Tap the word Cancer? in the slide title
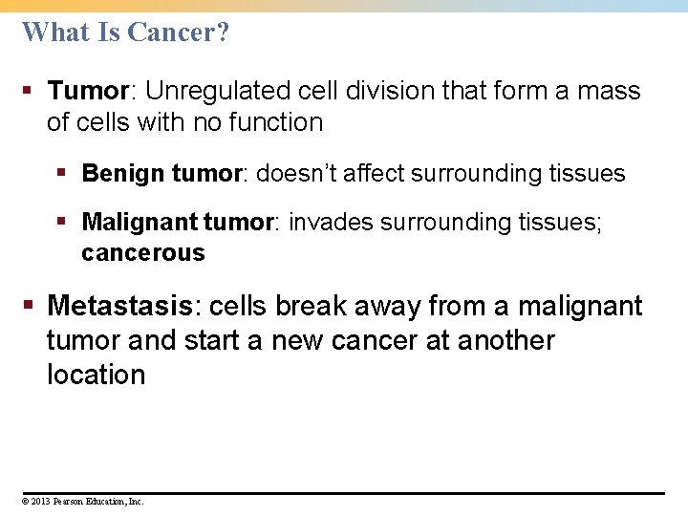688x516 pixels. tap(178, 32)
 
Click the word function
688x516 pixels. tap(277, 122)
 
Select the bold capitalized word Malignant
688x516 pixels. tap(140, 222)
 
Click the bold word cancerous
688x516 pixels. tap(143, 253)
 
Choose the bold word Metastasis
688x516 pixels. tap(120, 306)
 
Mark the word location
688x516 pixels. tap(96, 375)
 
